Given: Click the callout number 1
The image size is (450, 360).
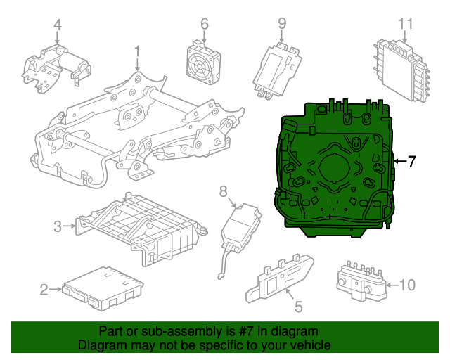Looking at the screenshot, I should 138,51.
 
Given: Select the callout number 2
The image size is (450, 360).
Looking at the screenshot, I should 44,288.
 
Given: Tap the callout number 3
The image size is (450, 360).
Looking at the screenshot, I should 57,226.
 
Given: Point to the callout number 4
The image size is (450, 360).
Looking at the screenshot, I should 58,26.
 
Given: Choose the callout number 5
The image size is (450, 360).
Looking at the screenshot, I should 298,307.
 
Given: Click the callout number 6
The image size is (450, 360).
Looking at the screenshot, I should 205,25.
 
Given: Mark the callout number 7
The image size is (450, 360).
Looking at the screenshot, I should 412,162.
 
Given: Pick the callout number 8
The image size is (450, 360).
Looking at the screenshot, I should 223,191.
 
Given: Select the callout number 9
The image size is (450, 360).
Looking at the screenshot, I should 282,24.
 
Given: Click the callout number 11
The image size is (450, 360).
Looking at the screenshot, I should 404,24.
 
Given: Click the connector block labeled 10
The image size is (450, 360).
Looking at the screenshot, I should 361,282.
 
